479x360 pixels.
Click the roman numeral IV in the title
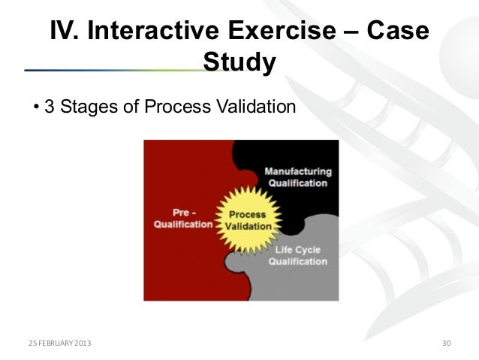[65, 32]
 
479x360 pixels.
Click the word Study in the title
[239, 63]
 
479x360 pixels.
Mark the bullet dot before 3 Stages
[36, 107]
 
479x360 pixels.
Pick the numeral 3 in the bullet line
[49, 107]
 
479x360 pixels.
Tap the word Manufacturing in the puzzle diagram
[297, 171]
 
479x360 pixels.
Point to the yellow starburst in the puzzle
[247, 220]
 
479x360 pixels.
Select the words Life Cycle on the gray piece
[300, 250]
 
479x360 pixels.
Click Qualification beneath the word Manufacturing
[297, 183]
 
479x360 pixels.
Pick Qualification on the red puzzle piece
[183, 224]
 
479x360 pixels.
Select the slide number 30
[446, 343]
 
